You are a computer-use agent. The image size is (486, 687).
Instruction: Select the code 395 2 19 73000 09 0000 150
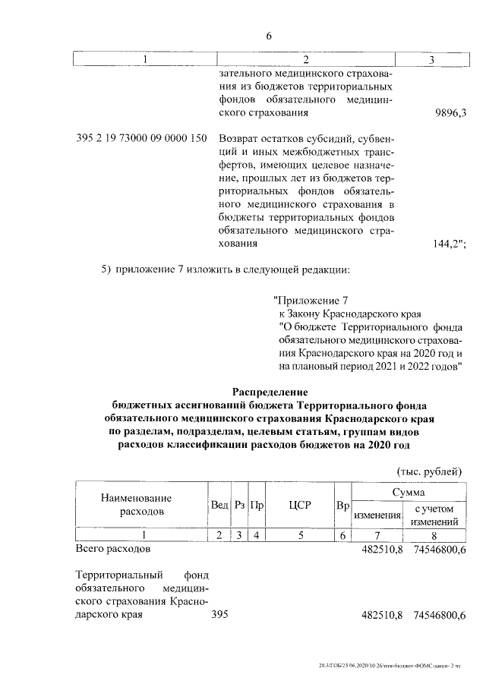pos(142,139)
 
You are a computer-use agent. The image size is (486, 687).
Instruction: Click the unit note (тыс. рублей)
pos(430,470)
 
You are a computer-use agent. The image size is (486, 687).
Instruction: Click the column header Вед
pos(219,505)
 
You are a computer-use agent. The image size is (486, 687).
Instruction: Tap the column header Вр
pos(342,505)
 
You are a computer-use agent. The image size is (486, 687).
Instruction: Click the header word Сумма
pos(408,493)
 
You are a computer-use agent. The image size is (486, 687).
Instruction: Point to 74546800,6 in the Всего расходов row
pos(439,547)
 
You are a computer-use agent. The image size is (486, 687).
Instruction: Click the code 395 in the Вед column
pos(219,615)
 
